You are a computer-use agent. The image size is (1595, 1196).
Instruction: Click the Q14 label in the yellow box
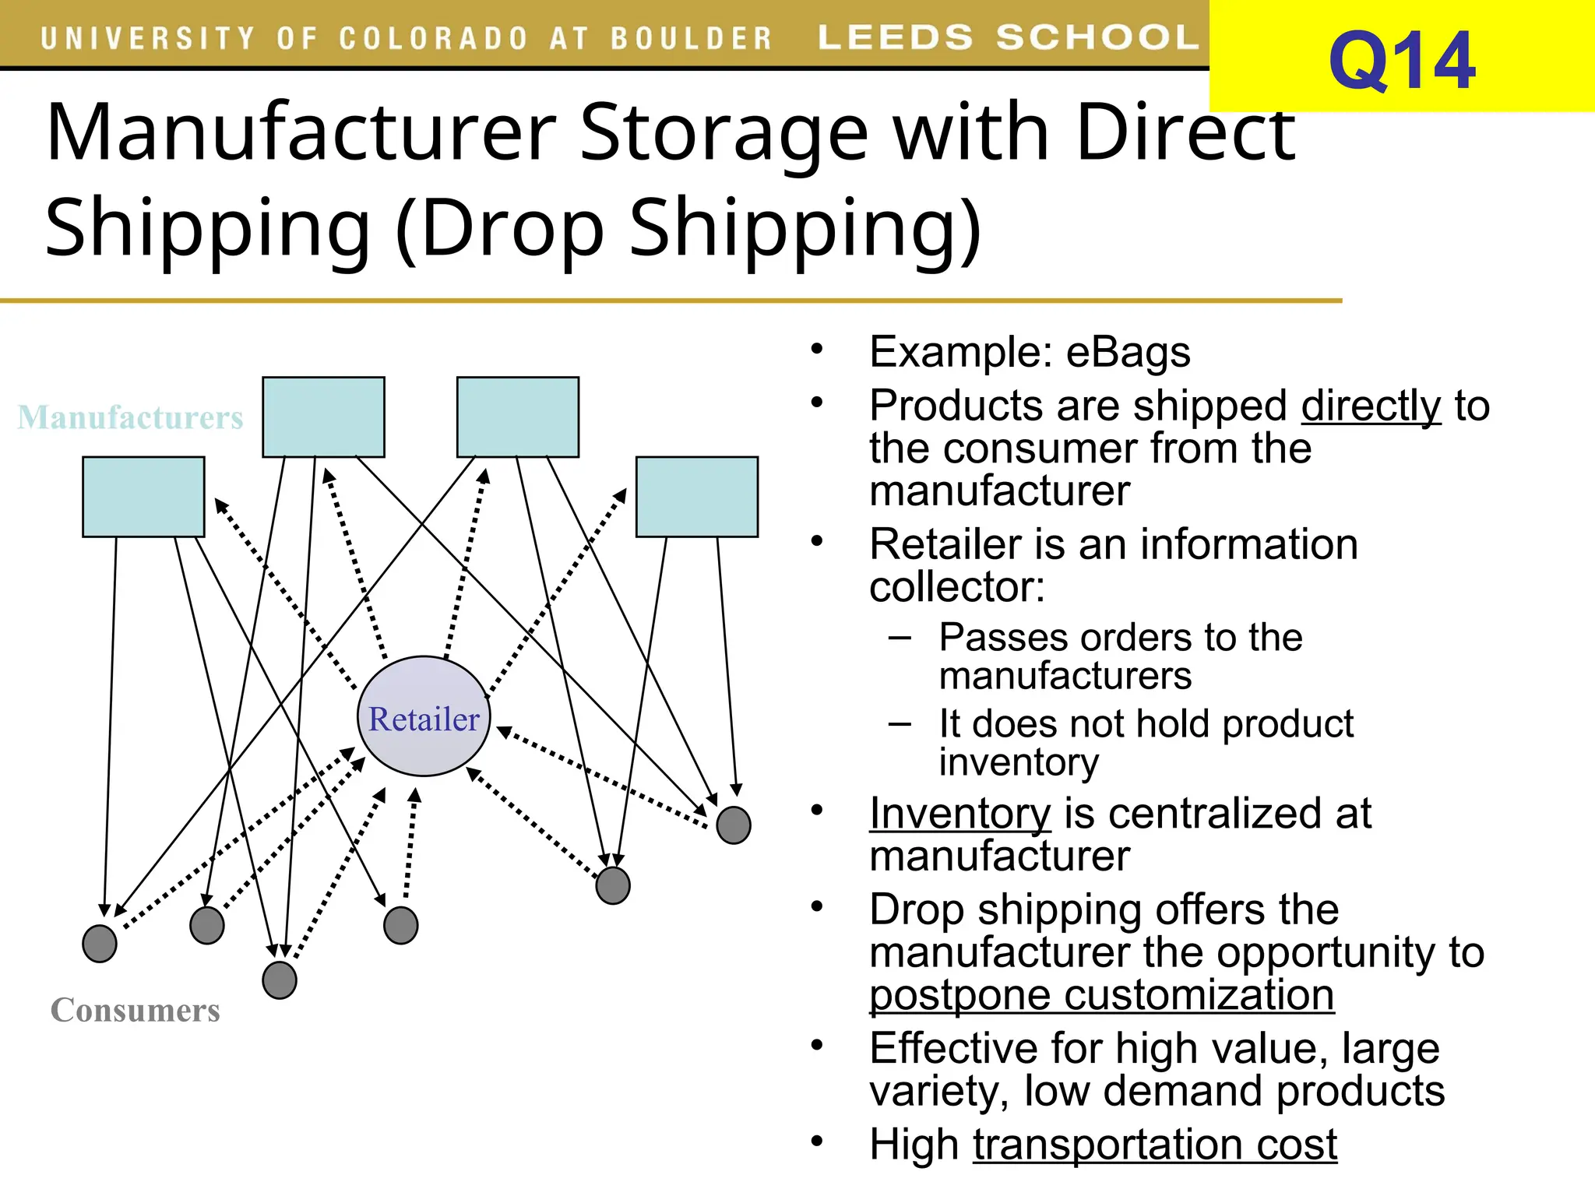tap(1401, 62)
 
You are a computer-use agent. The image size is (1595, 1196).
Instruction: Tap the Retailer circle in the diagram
tap(424, 717)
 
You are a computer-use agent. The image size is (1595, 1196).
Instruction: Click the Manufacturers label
tap(130, 418)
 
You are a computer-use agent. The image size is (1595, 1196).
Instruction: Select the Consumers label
tap(136, 1011)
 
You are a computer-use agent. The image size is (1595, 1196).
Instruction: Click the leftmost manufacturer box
tap(143, 497)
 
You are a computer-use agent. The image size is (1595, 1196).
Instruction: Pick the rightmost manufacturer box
tap(696, 497)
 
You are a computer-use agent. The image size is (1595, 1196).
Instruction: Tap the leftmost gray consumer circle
tap(100, 944)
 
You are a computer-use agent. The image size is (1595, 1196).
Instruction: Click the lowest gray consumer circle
tap(280, 980)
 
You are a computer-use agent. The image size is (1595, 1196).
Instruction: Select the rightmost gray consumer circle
tap(733, 825)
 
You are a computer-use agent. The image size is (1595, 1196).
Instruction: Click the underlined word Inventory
tap(959, 814)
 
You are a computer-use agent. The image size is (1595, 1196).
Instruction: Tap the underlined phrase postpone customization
tap(1101, 996)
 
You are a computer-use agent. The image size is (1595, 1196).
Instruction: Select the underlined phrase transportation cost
tap(1154, 1145)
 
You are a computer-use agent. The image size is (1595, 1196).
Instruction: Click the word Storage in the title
tap(724, 134)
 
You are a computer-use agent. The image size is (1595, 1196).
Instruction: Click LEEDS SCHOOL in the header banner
tap(1008, 37)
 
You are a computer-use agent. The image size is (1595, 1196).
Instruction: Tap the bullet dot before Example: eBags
tap(816, 348)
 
